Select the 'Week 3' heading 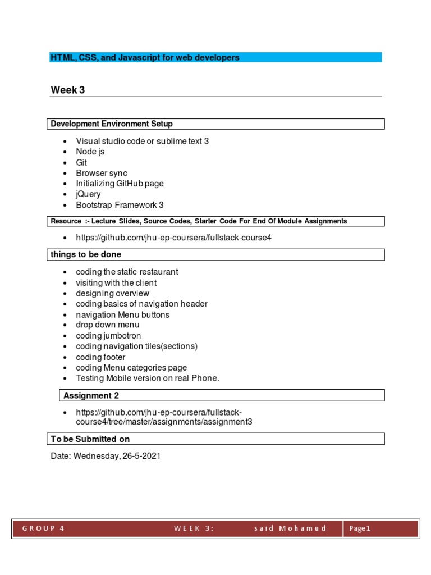click(68, 90)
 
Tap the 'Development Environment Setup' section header click(112, 124)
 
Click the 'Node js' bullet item click(90, 152)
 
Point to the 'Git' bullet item click(82, 162)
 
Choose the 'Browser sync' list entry click(102, 173)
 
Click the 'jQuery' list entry click(89, 194)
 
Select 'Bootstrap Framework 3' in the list click(120, 205)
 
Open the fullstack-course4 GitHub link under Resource click(173, 238)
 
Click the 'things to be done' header click(86, 254)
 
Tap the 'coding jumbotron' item click(108, 336)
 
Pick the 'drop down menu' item click(108, 325)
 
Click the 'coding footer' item click(100, 357)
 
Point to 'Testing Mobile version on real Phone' click(148, 378)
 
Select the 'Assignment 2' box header click(91, 395)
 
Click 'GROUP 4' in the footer click(43, 528)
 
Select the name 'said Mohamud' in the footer click(290, 528)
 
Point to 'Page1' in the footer click(360, 528)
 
